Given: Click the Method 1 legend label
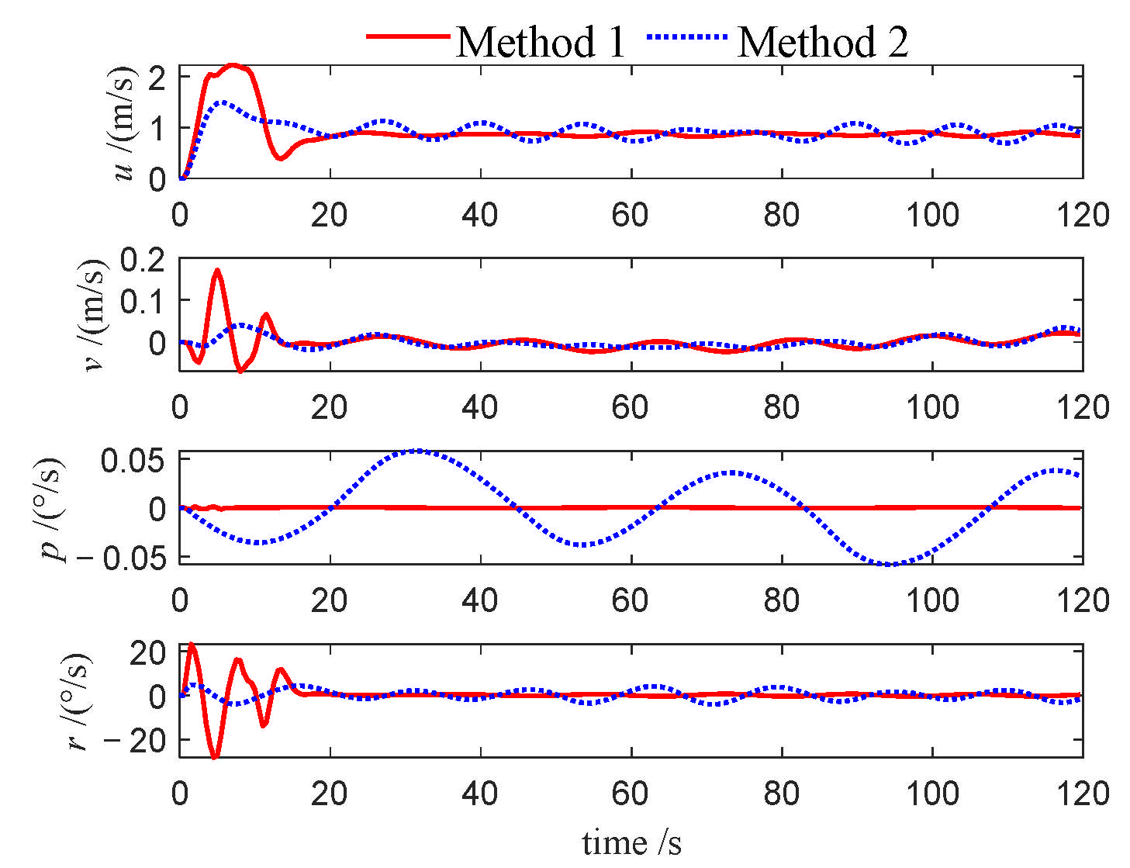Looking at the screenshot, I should click(541, 41).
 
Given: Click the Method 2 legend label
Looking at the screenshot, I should click(822, 41).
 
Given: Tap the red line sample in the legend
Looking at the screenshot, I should click(408, 36).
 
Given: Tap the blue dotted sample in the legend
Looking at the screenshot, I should click(687, 36).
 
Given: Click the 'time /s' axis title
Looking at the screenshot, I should click(631, 842).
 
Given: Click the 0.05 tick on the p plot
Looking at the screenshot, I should click(133, 461).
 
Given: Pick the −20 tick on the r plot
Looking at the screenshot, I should click(136, 741).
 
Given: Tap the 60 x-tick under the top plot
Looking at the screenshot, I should click(630, 215).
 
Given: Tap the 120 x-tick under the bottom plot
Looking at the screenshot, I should click(1083, 793).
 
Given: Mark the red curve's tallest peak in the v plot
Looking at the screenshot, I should click(217, 271).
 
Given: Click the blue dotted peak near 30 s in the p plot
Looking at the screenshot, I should click(416, 451).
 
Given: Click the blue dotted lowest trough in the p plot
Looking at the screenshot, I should click(892, 564).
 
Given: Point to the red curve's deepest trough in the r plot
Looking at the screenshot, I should click(215, 756).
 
